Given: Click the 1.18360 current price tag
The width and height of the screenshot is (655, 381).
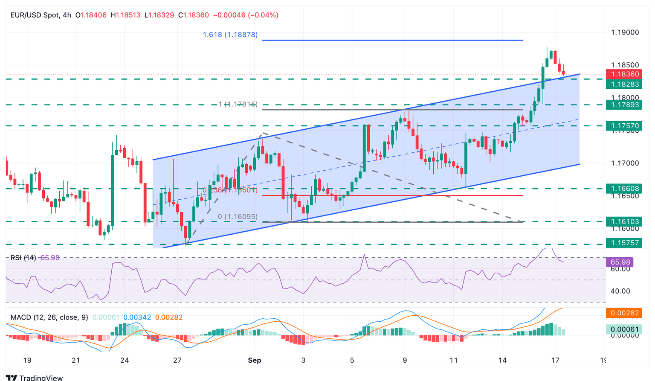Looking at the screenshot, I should click(623, 74).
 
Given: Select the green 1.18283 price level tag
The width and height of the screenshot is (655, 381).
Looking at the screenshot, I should click(623, 84).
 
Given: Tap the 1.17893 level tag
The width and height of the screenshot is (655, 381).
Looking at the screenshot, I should click(623, 105).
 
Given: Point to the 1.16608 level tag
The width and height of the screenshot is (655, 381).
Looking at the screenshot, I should click(623, 188).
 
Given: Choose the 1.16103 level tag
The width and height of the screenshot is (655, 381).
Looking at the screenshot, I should click(623, 221).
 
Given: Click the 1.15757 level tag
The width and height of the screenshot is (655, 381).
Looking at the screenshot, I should click(623, 243).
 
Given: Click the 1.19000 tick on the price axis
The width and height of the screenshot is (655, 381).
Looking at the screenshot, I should click(625, 32).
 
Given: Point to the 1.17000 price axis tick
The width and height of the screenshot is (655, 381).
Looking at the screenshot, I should click(625, 163).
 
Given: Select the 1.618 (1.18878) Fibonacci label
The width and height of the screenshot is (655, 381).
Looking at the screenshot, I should click(230, 35).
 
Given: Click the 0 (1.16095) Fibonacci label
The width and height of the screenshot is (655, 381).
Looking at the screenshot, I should click(238, 217).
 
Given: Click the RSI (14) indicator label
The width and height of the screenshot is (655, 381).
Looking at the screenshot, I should click(23, 258).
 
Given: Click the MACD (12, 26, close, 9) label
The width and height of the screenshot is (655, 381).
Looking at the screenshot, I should click(49, 317).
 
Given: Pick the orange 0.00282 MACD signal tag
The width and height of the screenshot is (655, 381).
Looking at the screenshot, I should click(623, 313).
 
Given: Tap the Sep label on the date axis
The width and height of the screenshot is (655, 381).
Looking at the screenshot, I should click(255, 360).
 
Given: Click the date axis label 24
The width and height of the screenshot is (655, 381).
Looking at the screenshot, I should click(125, 360).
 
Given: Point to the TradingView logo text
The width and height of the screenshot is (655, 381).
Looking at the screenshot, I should click(41, 378).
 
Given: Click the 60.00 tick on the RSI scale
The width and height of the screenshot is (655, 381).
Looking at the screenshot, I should click(620, 269).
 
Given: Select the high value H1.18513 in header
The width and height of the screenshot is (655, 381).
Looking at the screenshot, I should click(125, 15).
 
